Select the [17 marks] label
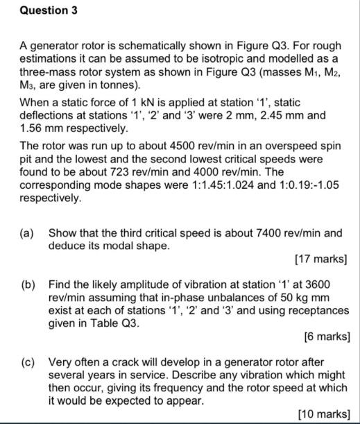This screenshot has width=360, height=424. (321, 260)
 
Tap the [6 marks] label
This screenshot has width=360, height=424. (327, 337)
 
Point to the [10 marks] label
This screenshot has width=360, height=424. (323, 414)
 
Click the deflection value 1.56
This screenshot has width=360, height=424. (33, 128)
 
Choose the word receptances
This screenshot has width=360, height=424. (315, 310)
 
